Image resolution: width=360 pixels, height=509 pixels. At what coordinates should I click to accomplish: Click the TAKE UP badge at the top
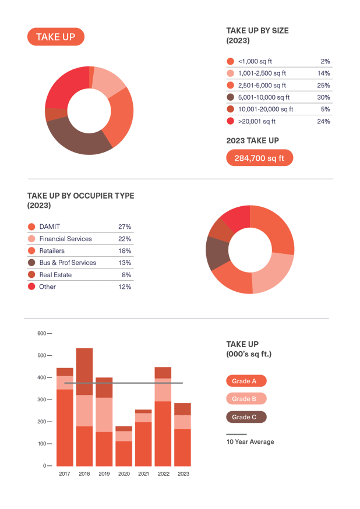tap(56, 37)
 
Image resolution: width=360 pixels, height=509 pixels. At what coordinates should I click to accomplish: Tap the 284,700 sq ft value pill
tap(259, 158)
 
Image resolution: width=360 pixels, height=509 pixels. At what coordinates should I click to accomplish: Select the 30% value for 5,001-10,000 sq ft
tap(324, 97)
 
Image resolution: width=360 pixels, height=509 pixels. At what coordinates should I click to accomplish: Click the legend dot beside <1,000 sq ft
tap(230, 61)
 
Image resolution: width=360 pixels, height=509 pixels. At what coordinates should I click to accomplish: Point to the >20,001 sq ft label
tap(257, 121)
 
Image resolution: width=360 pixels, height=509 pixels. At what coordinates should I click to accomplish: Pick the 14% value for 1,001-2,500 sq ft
tap(324, 73)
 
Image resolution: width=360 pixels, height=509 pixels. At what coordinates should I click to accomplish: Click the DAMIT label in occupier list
tap(50, 227)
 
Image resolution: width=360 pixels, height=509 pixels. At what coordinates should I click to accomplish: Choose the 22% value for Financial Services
tap(125, 239)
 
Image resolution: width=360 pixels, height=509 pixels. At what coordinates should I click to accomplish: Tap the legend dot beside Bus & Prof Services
tap(31, 263)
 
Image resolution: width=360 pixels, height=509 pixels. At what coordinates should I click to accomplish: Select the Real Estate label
tap(55, 274)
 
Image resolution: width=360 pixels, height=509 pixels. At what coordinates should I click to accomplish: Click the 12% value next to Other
tap(125, 287)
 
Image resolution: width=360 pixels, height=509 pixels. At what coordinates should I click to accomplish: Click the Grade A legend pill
tap(246, 381)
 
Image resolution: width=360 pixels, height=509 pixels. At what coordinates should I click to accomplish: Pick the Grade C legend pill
tap(246, 417)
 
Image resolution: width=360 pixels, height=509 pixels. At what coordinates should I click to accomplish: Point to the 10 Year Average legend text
tap(250, 442)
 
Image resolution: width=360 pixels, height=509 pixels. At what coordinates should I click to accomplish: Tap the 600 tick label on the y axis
tap(41, 333)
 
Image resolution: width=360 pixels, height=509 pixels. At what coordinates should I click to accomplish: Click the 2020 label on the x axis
tap(123, 474)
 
